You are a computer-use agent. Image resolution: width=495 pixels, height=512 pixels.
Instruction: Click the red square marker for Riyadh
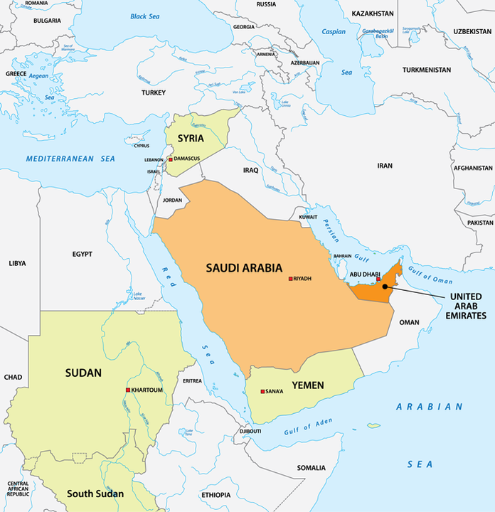(290, 279)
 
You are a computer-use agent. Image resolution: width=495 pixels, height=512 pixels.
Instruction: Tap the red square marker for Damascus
(171, 159)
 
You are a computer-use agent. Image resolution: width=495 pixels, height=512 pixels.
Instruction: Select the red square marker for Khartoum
(128, 390)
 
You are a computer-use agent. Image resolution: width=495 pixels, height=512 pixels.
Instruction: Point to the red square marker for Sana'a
(263, 391)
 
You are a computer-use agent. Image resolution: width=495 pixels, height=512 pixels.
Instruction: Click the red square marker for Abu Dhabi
(378, 279)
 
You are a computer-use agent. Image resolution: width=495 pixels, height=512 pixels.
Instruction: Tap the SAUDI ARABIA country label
(244, 268)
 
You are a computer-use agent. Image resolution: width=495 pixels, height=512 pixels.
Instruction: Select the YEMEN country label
(307, 385)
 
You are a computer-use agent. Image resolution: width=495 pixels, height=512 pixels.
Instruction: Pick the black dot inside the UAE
(385, 287)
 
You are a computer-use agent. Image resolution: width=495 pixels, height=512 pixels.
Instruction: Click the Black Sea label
(144, 16)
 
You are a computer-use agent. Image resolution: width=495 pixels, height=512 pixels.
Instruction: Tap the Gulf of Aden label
(308, 427)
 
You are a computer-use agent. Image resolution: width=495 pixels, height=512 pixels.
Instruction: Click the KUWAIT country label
(308, 216)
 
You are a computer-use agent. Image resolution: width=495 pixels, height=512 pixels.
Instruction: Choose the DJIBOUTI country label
(250, 431)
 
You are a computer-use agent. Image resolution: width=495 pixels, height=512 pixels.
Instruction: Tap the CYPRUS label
(142, 146)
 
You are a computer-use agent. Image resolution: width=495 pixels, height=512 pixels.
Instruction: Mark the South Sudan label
(95, 494)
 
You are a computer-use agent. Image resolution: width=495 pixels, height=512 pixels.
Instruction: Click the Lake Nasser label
(137, 296)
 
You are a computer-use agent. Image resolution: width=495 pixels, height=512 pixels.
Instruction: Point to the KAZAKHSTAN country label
(372, 14)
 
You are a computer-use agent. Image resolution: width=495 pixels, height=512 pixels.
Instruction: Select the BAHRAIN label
(343, 256)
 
